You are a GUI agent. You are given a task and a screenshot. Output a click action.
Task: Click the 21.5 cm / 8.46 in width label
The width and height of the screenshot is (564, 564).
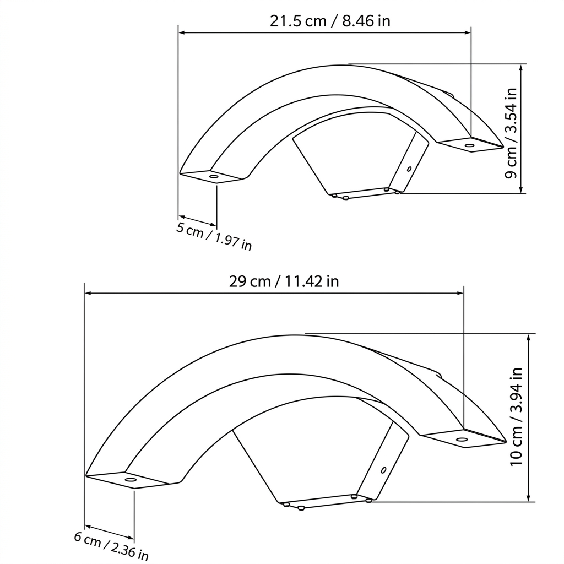tap(330, 21)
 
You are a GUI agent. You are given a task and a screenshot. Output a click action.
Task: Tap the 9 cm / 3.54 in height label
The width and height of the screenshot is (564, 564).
tap(511, 133)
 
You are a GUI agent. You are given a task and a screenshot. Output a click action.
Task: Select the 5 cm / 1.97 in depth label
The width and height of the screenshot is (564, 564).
tap(214, 236)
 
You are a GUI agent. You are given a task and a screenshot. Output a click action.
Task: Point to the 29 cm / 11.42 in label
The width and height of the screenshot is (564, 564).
tap(284, 281)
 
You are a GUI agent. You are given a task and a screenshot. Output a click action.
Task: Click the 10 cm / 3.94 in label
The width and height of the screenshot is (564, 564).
tap(516, 416)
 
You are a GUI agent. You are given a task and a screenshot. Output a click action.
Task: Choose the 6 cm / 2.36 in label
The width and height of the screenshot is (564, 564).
tap(111, 546)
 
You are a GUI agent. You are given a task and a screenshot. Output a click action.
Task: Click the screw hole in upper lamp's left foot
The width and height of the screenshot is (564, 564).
tap(214, 177)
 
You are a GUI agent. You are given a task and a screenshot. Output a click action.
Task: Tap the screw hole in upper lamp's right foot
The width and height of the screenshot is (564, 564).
tap(469, 145)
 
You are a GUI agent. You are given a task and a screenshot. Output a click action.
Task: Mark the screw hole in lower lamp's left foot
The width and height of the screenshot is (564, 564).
tap(130, 480)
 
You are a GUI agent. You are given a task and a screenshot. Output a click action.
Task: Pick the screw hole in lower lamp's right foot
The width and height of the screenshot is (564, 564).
tap(462, 440)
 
